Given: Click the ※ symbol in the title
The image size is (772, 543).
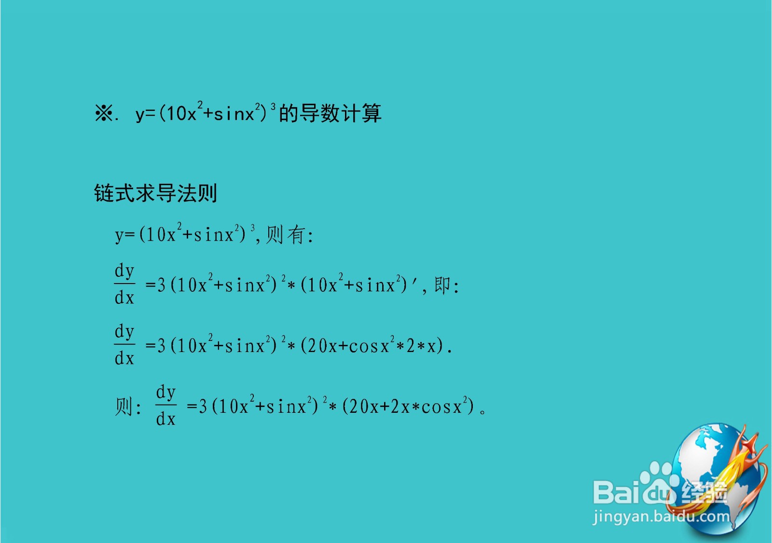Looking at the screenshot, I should [103, 114].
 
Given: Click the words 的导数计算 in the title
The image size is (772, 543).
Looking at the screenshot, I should [330, 114].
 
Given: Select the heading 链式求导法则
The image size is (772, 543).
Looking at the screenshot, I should [155, 193].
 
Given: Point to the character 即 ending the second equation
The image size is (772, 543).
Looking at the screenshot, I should [442, 285].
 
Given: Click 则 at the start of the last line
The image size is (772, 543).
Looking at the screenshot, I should [124, 407].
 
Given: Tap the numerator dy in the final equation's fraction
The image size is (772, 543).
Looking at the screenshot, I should [165, 393].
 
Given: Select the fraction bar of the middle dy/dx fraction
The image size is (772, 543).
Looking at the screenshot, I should [124, 344].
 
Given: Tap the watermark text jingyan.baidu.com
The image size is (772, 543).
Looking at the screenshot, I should [661, 516].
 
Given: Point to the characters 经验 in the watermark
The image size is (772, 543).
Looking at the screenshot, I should [704, 493].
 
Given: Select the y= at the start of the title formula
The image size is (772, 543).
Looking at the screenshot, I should [145, 114].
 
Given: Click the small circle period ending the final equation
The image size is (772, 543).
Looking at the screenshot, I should [482, 411].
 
